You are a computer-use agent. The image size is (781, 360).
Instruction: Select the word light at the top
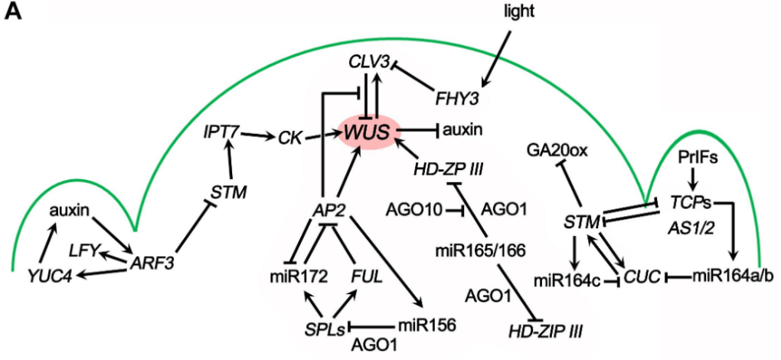coord(521,11)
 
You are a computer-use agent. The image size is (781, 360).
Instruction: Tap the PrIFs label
coord(696,157)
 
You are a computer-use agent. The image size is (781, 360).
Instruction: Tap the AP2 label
coord(332,208)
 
